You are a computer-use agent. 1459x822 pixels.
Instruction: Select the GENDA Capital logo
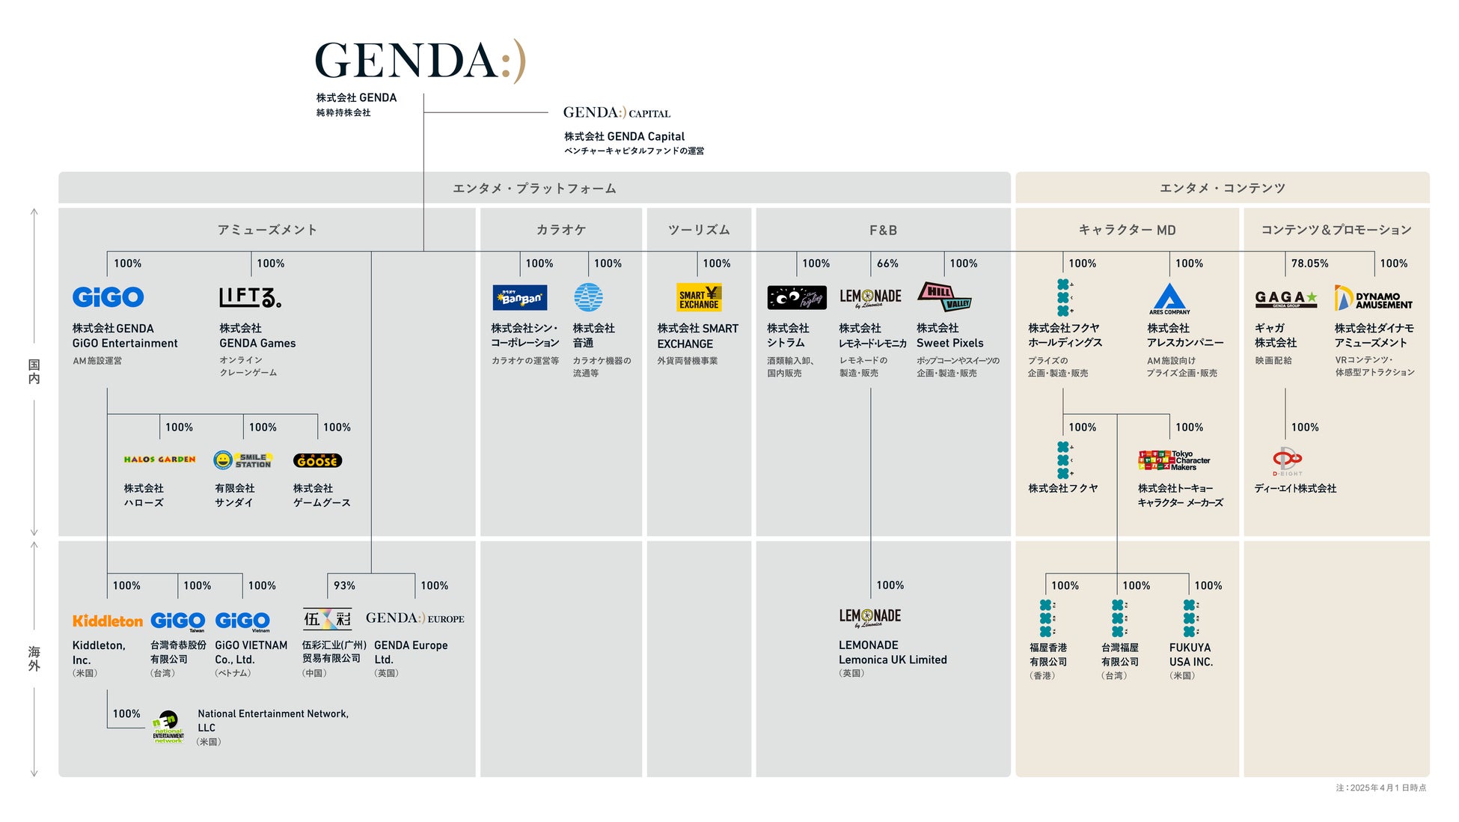coord(617,113)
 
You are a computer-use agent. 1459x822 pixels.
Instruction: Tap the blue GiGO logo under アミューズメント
coord(108,297)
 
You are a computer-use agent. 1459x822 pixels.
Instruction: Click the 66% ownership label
coord(887,264)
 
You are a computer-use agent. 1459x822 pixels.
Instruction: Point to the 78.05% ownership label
coord(1309,264)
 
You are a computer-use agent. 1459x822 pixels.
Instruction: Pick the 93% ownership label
coord(344,585)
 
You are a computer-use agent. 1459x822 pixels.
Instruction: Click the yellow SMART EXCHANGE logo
coord(699,297)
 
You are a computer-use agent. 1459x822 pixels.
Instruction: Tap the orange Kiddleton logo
coord(108,621)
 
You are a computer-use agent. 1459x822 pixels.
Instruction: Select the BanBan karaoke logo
coord(520,297)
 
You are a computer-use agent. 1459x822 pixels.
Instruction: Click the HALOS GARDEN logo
coord(159,460)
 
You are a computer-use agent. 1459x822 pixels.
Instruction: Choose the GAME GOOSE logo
coord(317,460)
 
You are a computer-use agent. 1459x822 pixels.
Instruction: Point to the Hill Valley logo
coord(944,296)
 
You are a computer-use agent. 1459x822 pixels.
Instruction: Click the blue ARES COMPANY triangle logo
coord(1169,299)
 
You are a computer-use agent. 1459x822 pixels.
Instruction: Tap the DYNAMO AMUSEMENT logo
coord(1374,299)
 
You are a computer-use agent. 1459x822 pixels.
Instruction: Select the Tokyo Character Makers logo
coord(1174,460)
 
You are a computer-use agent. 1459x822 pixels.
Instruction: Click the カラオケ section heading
coord(560,230)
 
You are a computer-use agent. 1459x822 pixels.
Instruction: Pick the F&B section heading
coord(883,230)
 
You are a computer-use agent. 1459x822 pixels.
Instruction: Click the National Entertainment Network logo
coord(168,727)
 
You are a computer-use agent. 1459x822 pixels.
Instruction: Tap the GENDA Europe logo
coord(415,618)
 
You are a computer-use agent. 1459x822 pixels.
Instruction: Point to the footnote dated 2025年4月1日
coord(1380,788)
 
